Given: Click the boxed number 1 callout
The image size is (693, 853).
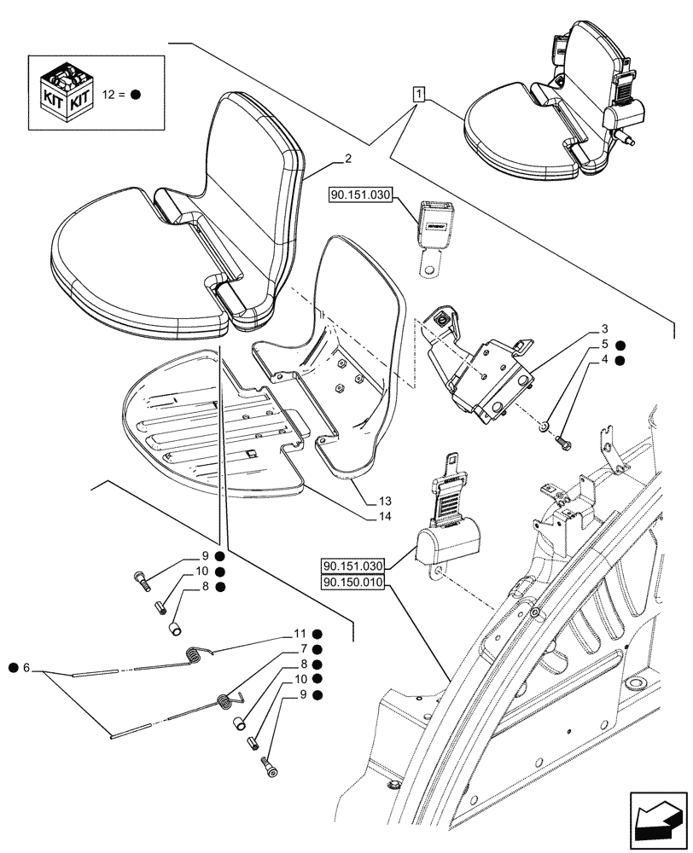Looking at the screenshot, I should click(418, 93).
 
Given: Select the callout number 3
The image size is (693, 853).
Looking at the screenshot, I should click(603, 328).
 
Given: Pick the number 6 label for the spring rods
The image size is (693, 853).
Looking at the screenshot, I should click(28, 666).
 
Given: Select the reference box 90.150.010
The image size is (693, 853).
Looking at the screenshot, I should click(354, 583).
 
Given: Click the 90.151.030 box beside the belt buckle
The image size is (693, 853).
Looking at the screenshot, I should click(358, 196).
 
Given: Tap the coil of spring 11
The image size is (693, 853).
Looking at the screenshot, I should click(195, 655).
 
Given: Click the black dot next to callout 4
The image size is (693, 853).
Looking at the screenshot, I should click(620, 361).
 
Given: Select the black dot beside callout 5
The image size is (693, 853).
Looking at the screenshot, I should click(620, 345).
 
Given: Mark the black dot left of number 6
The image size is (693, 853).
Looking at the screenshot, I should click(13, 666).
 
